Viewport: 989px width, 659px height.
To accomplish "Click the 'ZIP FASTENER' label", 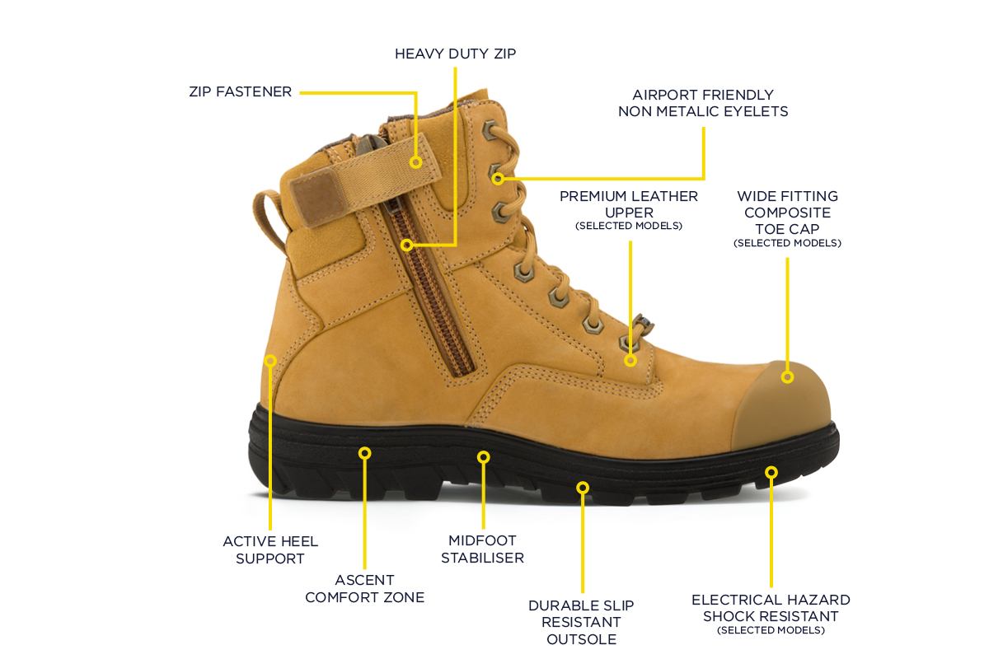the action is tap(240, 91).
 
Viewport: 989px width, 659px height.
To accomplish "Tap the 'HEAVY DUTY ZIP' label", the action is tap(455, 54).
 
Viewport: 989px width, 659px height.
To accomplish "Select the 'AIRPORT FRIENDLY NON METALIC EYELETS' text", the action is tap(703, 103).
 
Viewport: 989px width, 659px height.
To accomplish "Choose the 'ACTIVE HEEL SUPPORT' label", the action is tap(270, 550).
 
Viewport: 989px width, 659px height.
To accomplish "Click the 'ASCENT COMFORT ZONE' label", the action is tap(364, 588).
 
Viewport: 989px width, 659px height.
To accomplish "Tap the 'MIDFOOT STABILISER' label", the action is tap(483, 549).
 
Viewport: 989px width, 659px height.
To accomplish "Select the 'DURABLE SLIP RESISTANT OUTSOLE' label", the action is tap(582, 623).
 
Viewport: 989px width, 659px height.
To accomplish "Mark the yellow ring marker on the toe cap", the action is tap(787, 377).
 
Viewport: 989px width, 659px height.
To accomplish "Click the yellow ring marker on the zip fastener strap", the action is tap(415, 162).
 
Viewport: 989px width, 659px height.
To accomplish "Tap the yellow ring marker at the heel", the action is tap(270, 361).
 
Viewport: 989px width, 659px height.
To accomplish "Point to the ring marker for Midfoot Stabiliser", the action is tap(484, 457).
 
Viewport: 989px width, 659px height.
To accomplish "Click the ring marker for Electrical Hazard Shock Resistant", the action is tap(771, 473).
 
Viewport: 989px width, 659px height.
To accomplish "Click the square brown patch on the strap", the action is tap(315, 198).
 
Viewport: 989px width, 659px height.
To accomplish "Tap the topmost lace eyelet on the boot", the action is tap(490, 130).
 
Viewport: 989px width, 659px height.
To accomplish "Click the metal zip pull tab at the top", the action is tap(370, 143).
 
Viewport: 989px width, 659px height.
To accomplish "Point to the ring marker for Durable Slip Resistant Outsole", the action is tap(583, 488).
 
